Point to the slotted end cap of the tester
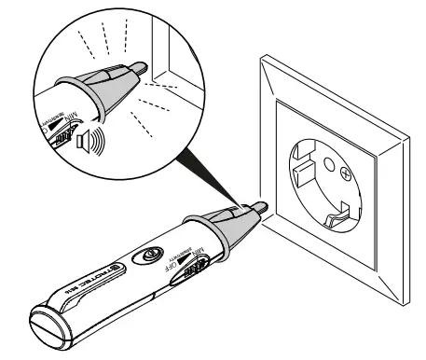[48, 335]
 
